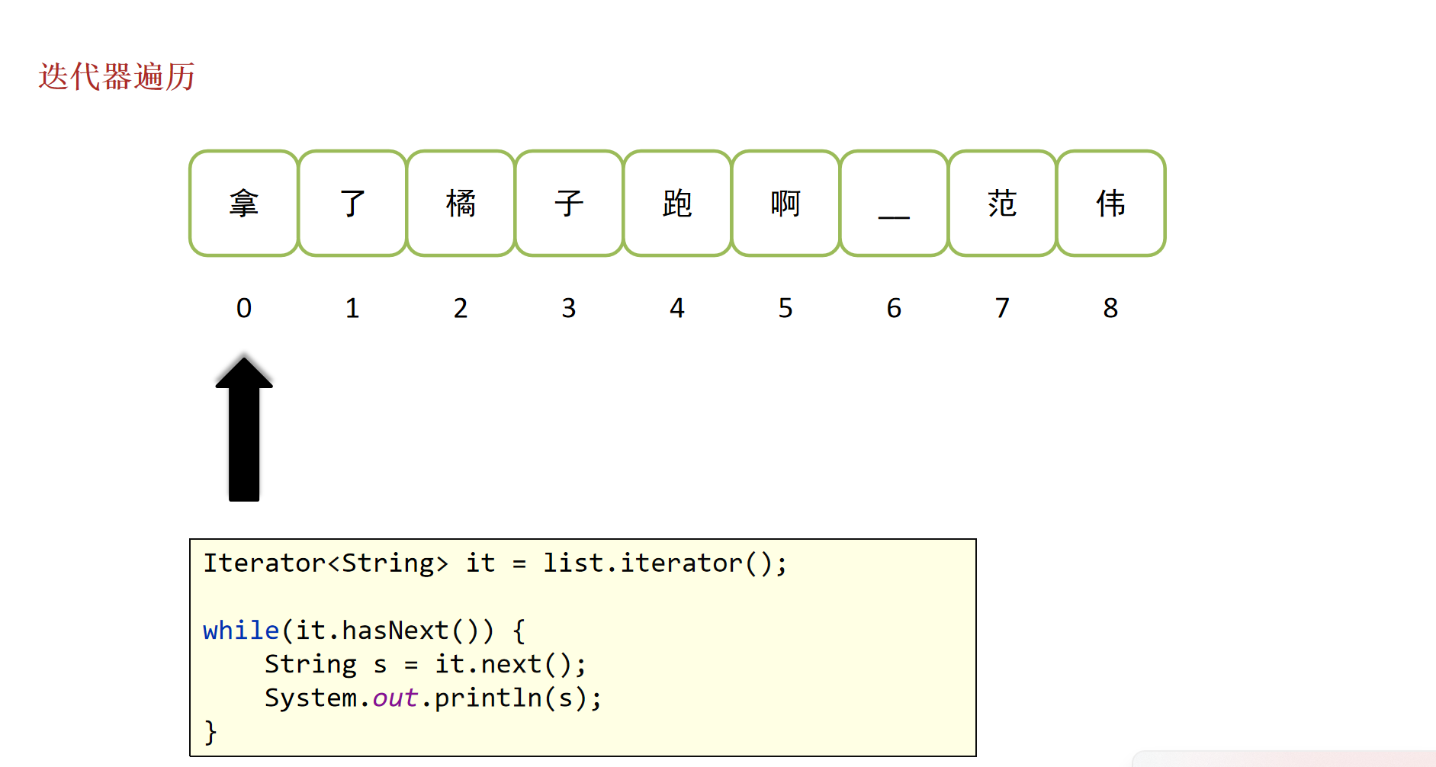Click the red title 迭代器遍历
pyautogui.click(x=117, y=77)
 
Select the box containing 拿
pyautogui.click(x=244, y=204)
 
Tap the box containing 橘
pyautogui.click(x=461, y=204)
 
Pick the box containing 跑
pyautogui.click(x=677, y=204)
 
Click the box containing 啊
pyautogui.click(x=785, y=204)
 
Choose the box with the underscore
pyautogui.click(x=894, y=204)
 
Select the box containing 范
pyautogui.click(x=1002, y=204)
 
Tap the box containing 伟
pyautogui.click(x=1111, y=204)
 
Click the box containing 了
pyautogui.click(x=352, y=204)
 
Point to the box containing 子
pyautogui.click(x=569, y=204)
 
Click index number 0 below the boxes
pyautogui.click(x=244, y=308)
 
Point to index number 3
pyautogui.click(x=569, y=308)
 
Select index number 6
pyautogui.click(x=894, y=308)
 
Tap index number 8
pyautogui.click(x=1110, y=308)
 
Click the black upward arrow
pyautogui.click(x=244, y=429)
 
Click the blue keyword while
pyautogui.click(x=241, y=631)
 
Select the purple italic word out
pyautogui.click(x=395, y=698)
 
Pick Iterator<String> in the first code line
pyautogui.click(x=326, y=563)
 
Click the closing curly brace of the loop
pyautogui.click(x=211, y=733)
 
